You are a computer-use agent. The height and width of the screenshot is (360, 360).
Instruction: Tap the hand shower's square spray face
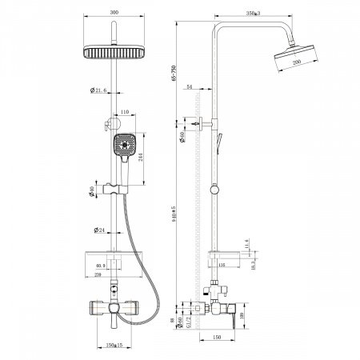pos(123,146)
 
